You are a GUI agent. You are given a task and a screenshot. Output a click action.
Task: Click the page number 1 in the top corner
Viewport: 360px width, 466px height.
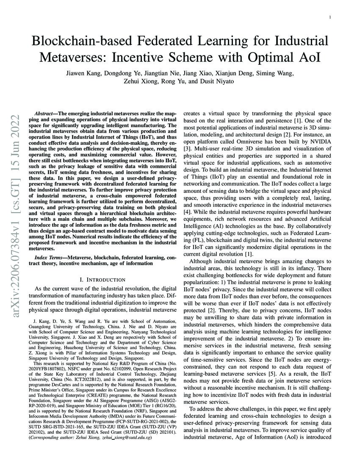click(x=330, y=18)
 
